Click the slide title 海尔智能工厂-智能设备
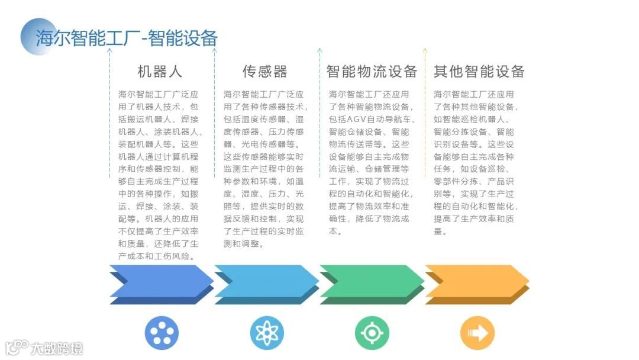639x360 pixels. coord(127,38)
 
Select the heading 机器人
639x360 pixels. coord(160,72)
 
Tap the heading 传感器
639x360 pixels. coord(264,72)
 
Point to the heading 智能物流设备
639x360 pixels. coord(372,72)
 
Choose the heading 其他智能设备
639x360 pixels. coord(479,72)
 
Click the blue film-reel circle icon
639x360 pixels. coord(162,333)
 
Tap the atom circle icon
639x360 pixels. coord(267,333)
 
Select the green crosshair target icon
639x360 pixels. coord(372,333)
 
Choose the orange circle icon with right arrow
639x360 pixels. coord(477,333)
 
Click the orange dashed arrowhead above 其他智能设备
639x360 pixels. coord(424,51)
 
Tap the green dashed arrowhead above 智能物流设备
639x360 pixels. coord(319,51)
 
